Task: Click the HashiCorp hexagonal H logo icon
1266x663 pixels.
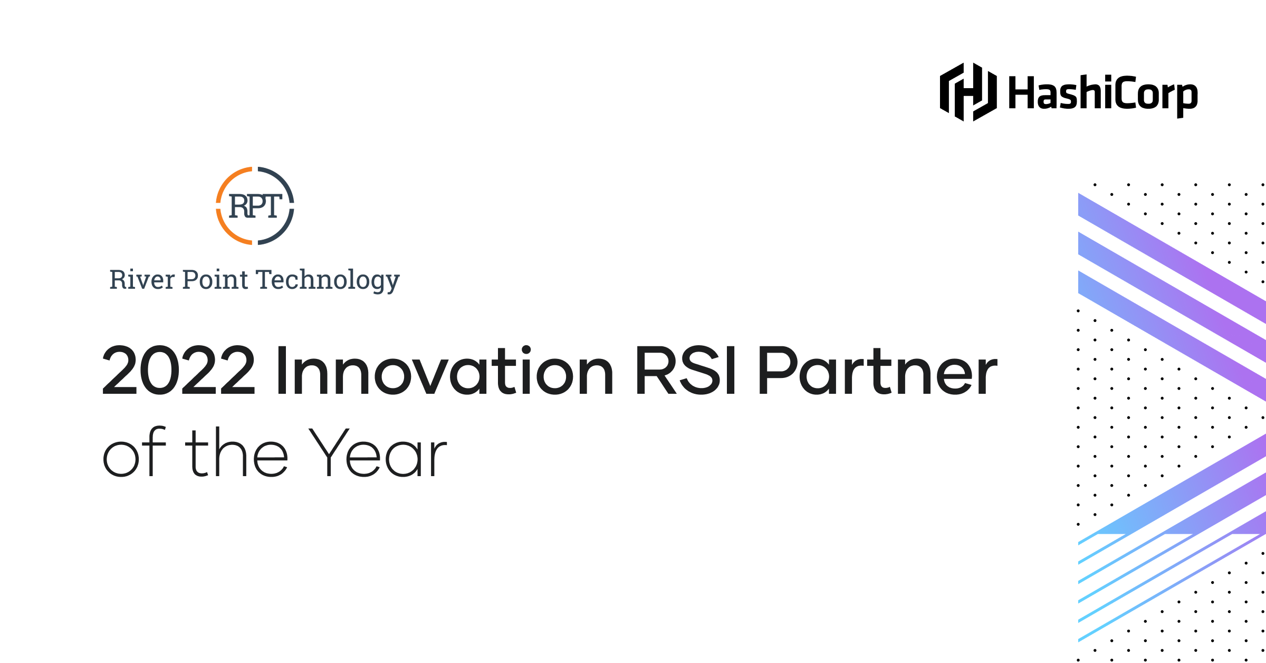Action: [x=968, y=92]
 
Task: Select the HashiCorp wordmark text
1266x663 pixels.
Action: [x=1103, y=95]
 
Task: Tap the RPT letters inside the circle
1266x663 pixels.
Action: [x=255, y=206]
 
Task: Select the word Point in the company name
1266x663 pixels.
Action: [x=215, y=279]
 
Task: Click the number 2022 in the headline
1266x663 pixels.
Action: [x=179, y=371]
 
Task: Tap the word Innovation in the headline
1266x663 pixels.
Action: [x=445, y=370]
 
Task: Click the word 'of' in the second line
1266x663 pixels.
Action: [x=135, y=452]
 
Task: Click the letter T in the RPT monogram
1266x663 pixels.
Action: [x=270, y=206]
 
